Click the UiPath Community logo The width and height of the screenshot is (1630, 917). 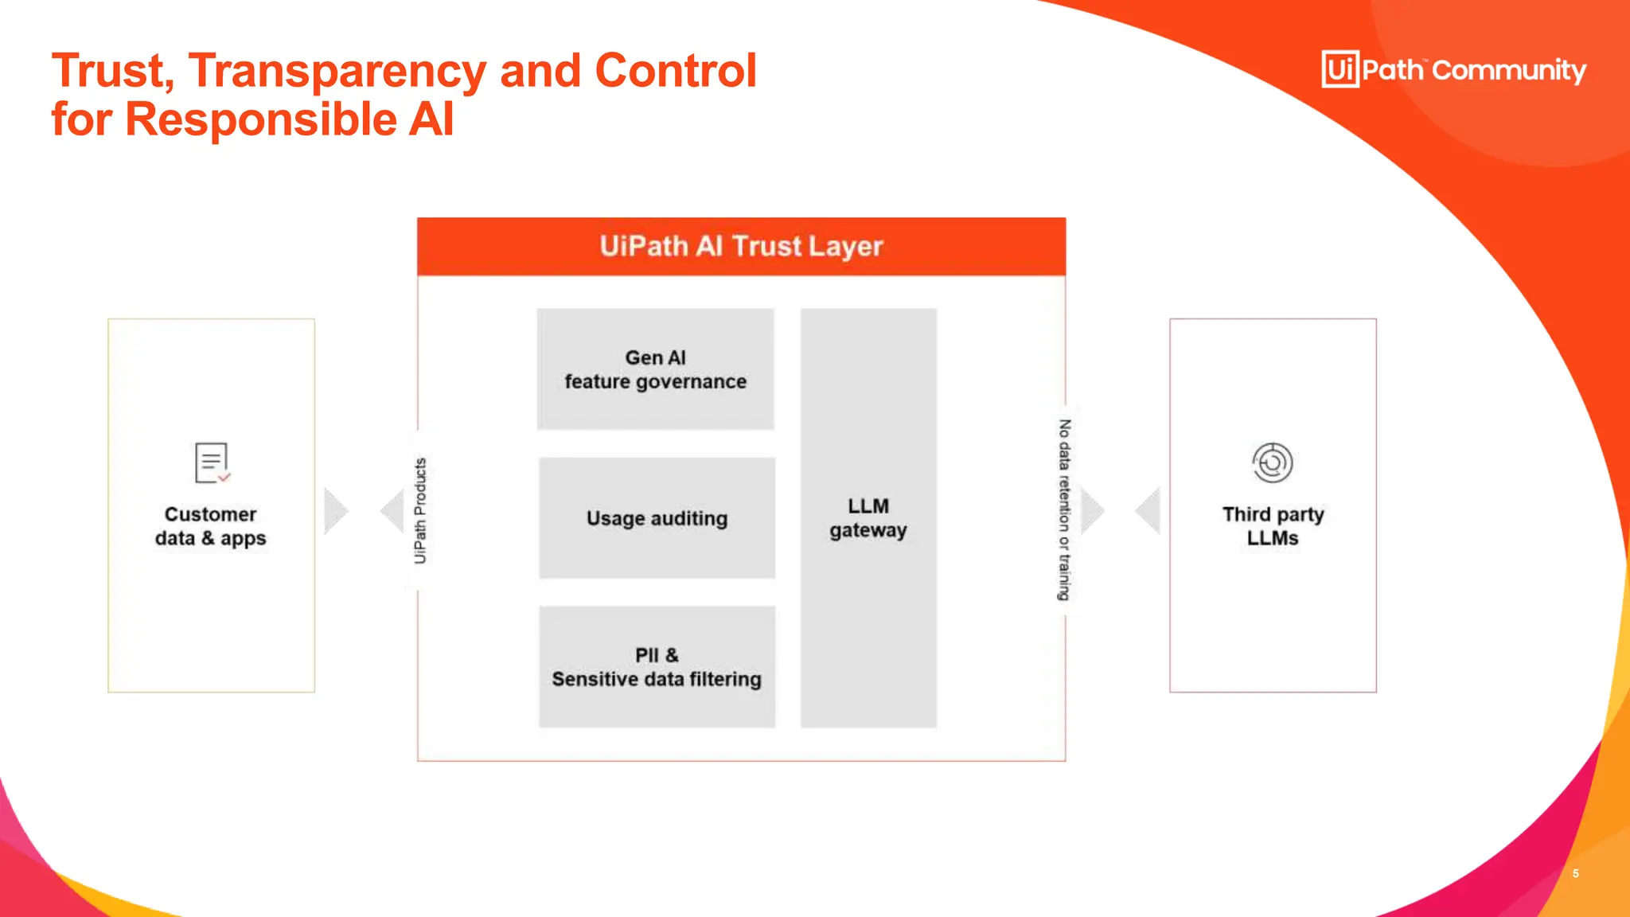[1453, 69]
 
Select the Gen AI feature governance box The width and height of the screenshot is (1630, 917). [655, 369]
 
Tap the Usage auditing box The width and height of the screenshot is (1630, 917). [657, 518]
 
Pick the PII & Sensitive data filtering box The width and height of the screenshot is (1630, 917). [657, 667]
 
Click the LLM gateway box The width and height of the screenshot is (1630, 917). [868, 518]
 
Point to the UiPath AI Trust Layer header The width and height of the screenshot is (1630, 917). [741, 247]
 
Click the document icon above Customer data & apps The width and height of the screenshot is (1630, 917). [212, 463]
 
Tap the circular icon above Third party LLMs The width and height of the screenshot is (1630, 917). [1273, 462]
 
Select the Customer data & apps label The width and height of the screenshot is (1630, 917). [211, 526]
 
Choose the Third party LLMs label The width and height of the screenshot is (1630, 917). [1273, 526]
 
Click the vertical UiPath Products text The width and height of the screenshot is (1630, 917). [420, 510]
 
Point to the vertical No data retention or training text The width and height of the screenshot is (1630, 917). [1064, 509]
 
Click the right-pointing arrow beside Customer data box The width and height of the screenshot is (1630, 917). [336, 511]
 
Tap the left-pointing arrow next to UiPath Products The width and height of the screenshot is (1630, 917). [392, 511]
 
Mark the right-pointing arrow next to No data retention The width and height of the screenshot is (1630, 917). [1093, 511]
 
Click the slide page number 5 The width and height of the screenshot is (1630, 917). [1575, 873]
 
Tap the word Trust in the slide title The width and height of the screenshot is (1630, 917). [112, 72]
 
